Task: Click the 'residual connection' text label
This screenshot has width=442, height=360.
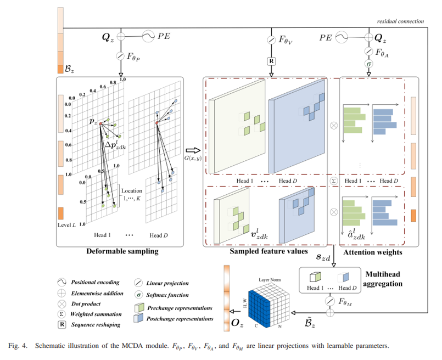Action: point(400,21)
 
